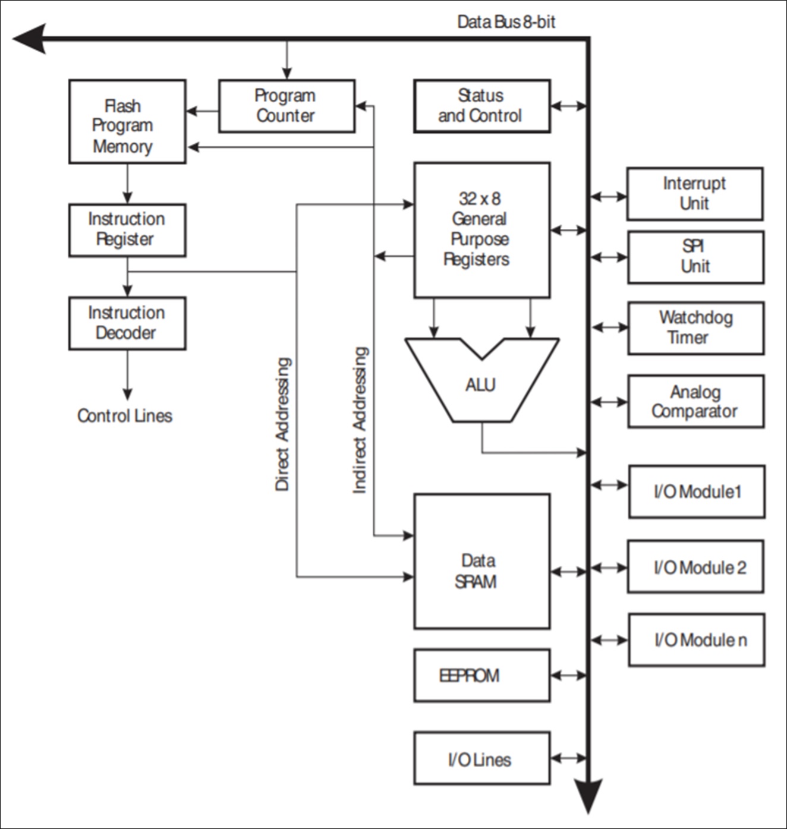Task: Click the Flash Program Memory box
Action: pos(127,121)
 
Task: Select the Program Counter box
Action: pos(287,106)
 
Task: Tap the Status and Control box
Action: pos(482,106)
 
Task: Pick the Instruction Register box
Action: pos(127,230)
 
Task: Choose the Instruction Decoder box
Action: pos(127,323)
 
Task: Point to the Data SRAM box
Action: pos(482,561)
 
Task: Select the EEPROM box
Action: pos(482,676)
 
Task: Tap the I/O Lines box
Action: pos(482,758)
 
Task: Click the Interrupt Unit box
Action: pos(695,194)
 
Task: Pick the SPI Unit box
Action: pos(696,257)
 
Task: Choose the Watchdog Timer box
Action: pos(696,328)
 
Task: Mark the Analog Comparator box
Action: pos(696,402)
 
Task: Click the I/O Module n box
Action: pos(697,640)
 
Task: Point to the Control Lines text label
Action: pos(125,416)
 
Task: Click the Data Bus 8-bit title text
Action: pos(506,22)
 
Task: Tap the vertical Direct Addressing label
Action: pos(282,424)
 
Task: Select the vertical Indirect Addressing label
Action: pos(360,420)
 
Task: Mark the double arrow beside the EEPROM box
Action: pos(568,676)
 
